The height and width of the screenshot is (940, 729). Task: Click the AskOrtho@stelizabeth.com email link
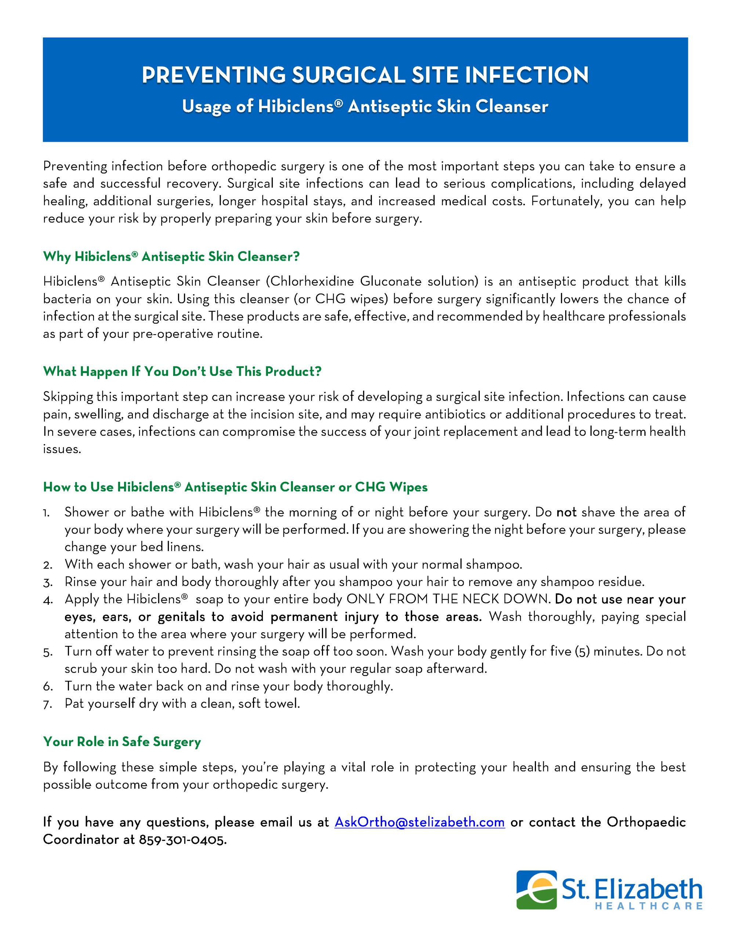point(419,822)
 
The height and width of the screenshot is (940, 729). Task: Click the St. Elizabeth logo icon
point(536,890)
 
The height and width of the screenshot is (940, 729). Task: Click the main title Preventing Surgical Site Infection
point(365,75)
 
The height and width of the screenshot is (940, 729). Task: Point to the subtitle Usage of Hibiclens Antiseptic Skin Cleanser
point(365,107)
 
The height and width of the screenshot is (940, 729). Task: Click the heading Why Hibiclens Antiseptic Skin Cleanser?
point(171,257)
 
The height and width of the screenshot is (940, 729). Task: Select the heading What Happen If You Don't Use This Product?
point(182,372)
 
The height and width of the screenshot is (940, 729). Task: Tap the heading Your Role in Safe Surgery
point(122,742)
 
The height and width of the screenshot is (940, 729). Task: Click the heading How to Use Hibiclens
point(235,487)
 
